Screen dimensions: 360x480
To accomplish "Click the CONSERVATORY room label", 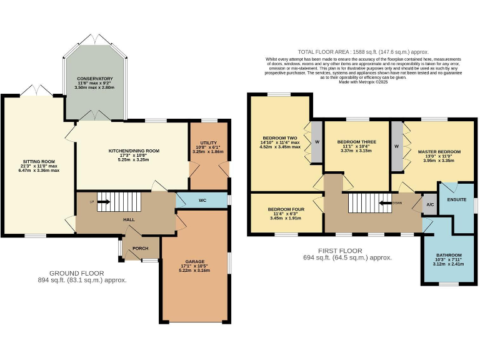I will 96,79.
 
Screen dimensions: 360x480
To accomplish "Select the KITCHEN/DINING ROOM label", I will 134,151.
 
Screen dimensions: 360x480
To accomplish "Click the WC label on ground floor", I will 202,201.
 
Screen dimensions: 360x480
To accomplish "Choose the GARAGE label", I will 194,261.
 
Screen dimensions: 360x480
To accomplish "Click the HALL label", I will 129,220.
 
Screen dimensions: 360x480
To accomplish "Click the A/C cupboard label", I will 430,204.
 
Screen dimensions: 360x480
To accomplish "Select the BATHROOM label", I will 449,255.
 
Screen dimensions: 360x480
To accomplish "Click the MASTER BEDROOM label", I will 440,152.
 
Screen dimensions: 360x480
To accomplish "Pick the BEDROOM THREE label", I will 355,142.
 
